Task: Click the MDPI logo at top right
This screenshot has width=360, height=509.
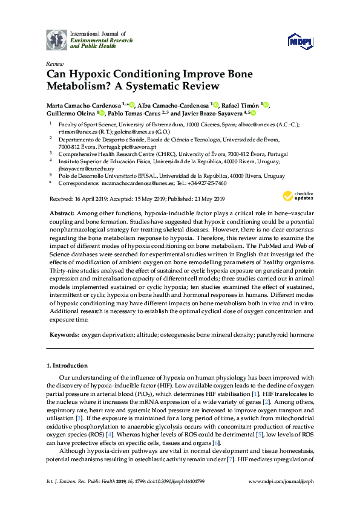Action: tap(301, 41)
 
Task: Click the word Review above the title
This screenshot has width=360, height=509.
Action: tap(55, 63)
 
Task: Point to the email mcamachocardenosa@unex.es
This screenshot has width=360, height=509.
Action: tap(141, 183)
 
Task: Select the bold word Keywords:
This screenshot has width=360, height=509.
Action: tap(64, 334)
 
